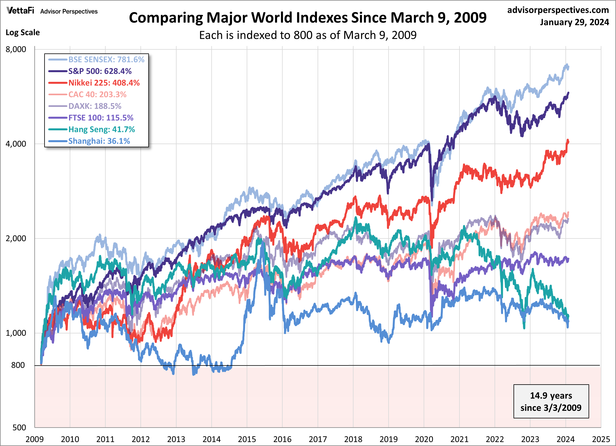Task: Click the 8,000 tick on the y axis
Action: tap(16, 49)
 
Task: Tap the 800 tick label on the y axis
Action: tap(18, 365)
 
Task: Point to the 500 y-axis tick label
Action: tap(19, 427)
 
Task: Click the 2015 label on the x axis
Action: tap(247, 439)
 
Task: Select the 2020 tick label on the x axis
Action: tap(424, 439)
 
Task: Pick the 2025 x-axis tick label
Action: tap(601, 439)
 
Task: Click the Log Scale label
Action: tap(23, 33)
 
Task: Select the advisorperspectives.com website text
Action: tap(558, 10)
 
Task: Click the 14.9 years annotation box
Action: tap(551, 401)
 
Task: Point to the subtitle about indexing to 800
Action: tap(308, 35)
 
